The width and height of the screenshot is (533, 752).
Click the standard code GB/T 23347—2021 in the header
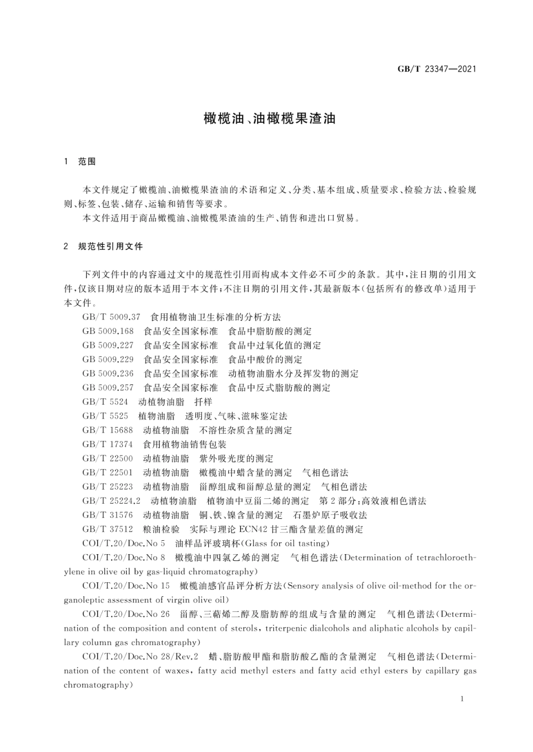pos(436,69)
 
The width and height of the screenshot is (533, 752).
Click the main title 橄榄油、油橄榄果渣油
pos(269,119)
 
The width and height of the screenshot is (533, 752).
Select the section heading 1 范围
pos(80,161)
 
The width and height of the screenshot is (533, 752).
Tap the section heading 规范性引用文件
pos(111,246)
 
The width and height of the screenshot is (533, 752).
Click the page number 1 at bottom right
pos(461,699)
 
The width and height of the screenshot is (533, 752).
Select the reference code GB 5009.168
pos(108,331)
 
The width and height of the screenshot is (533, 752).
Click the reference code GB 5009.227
pos(108,345)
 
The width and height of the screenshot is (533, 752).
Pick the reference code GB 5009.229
pos(108,359)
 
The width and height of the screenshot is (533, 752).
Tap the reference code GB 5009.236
pos(108,374)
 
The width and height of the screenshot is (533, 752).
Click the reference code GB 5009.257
pos(108,388)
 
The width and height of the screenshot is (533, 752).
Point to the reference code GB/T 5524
pos(105,402)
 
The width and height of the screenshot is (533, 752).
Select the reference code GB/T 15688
pos(107,430)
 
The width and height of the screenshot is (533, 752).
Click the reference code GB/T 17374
pos(107,444)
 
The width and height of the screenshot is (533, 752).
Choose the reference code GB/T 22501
pos(107,473)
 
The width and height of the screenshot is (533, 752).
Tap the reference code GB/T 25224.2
pos(111,501)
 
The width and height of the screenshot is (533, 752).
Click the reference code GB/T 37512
pos(107,530)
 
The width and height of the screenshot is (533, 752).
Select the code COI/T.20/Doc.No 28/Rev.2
pos(140,657)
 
